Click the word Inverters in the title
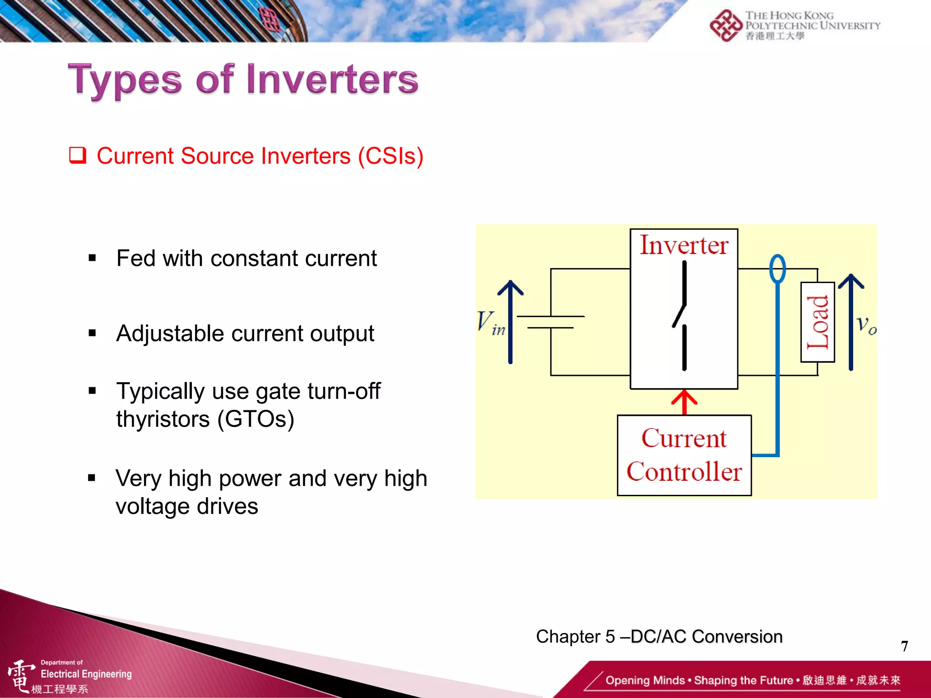332,80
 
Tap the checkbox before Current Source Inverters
78,155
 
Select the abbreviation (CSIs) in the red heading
390,156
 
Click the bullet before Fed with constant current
92,259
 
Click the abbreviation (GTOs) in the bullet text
255,419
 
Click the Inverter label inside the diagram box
684,245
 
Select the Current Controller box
684,455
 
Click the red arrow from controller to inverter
684,402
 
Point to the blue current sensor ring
777,269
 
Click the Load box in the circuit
817,322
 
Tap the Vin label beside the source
490,323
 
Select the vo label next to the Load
866,324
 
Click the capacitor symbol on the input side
551,322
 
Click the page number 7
904,646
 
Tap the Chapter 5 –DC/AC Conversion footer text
659,637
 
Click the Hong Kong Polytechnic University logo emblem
726,25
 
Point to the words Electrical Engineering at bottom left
86,674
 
